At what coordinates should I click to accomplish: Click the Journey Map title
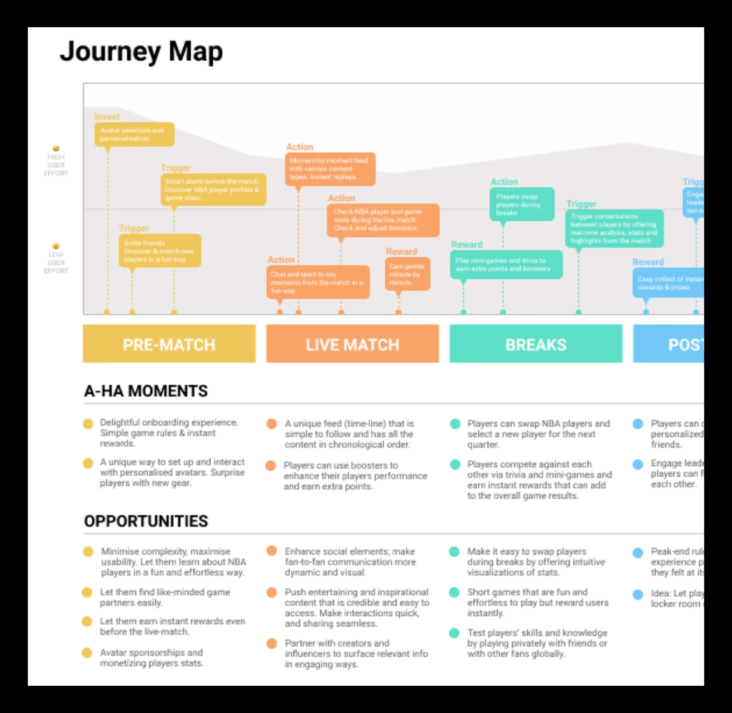[x=141, y=51]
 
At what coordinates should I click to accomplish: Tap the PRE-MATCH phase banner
[x=169, y=343]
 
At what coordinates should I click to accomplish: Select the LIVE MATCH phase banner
[x=352, y=343]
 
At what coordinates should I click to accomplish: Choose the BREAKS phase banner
[x=536, y=343]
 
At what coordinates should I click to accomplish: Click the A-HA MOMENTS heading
[x=146, y=391]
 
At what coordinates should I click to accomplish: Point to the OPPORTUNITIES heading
[x=146, y=521]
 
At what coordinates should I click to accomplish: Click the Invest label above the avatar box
[x=107, y=117]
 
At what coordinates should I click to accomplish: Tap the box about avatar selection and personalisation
[x=134, y=134]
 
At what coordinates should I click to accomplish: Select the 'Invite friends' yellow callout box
[x=160, y=251]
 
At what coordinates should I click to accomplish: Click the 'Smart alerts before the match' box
[x=213, y=189]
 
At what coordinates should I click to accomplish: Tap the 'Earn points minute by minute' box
[x=407, y=274]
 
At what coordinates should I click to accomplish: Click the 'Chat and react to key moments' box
[x=318, y=282]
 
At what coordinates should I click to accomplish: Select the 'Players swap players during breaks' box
[x=521, y=204]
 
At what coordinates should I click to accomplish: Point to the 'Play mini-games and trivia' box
[x=506, y=264]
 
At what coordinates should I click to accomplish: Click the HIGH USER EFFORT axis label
[x=56, y=165]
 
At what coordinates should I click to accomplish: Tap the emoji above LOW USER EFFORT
[x=56, y=246]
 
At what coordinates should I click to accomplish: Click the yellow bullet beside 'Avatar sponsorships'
[x=87, y=653]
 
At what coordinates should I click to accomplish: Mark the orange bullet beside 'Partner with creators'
[x=272, y=643]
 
